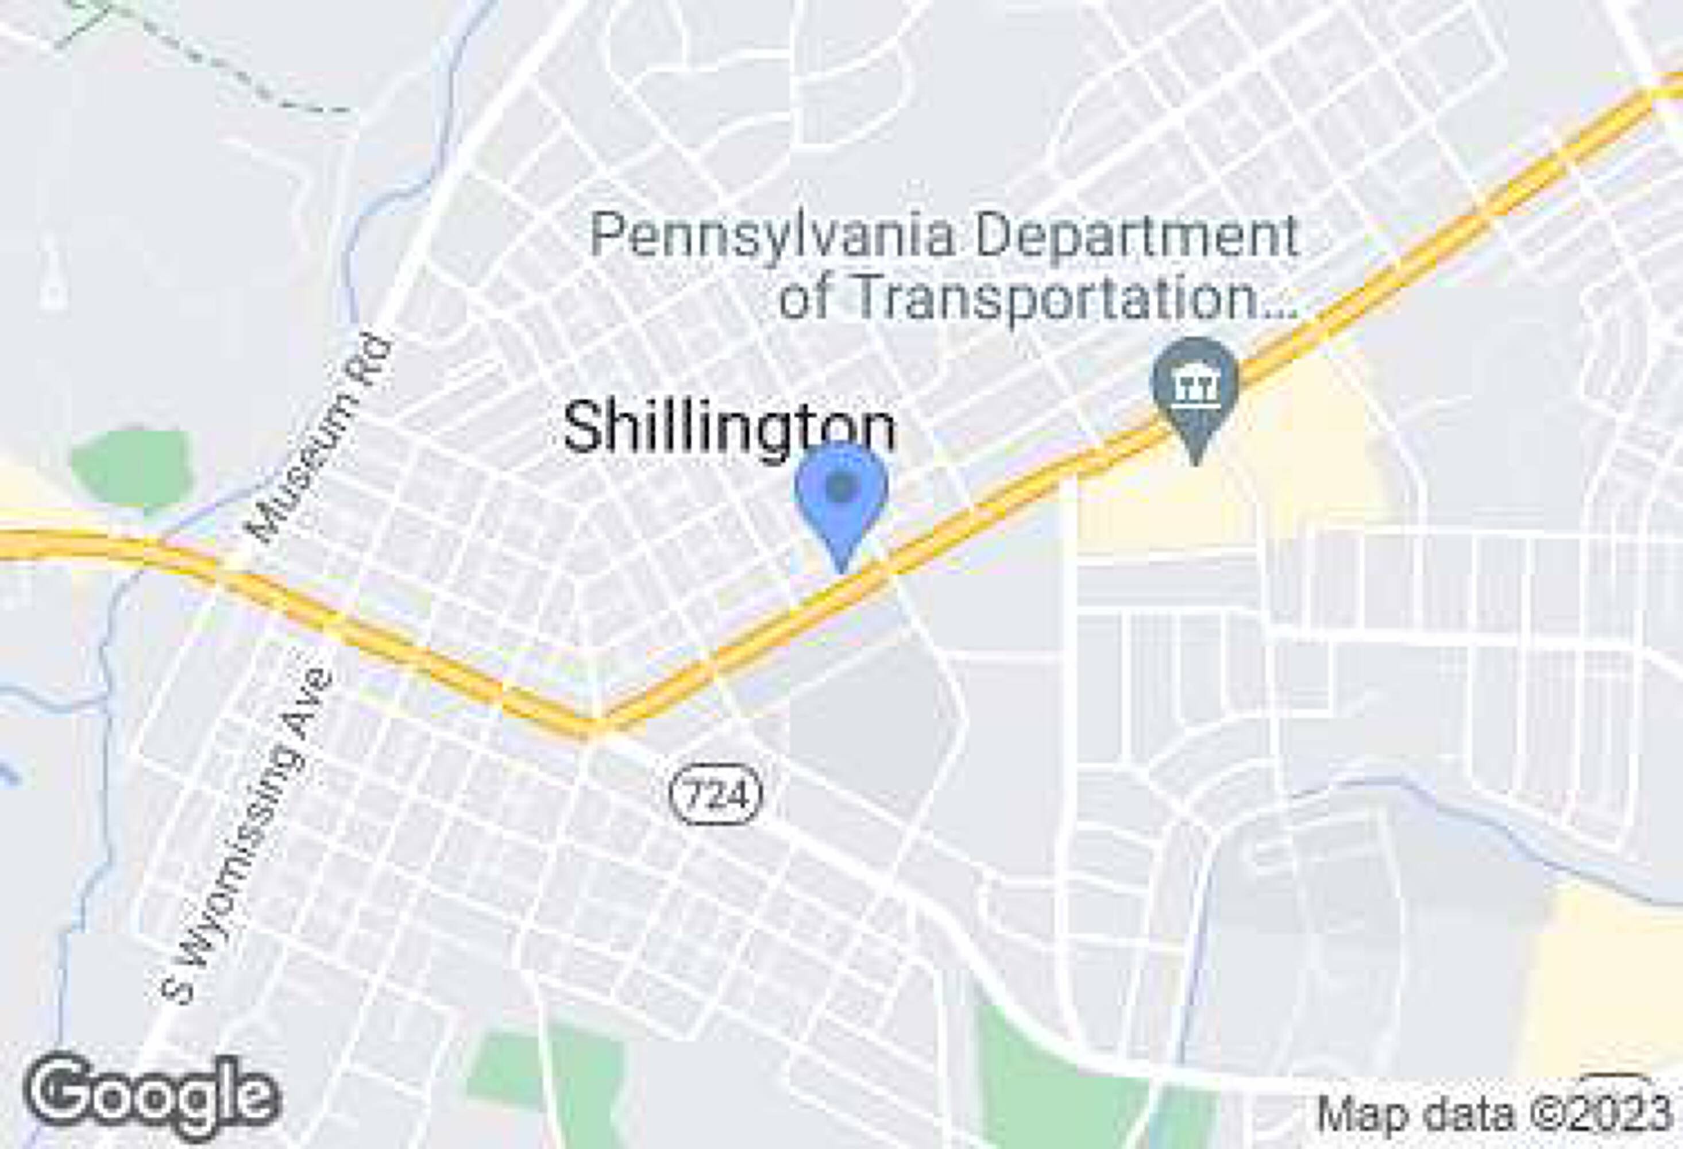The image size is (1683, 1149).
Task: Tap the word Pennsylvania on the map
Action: pos(773,236)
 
